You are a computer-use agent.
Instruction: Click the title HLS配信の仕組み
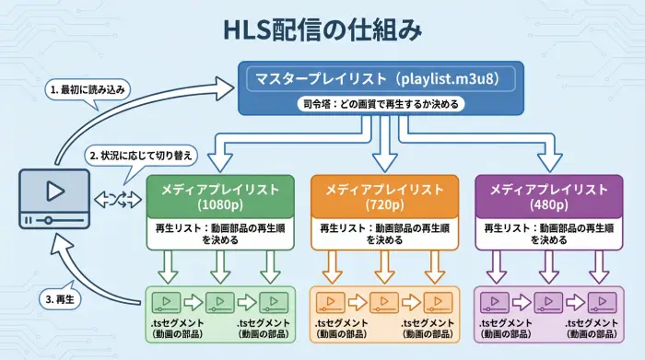[x=322, y=29]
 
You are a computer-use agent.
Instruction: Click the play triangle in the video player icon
[x=54, y=192]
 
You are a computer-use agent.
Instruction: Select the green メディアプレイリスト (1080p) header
[x=219, y=196]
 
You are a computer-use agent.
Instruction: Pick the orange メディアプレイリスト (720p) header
[x=384, y=196]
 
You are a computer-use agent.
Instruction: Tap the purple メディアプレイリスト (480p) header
[x=548, y=196]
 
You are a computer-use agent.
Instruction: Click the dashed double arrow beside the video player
[x=117, y=197]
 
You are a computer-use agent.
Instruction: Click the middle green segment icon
[x=219, y=301]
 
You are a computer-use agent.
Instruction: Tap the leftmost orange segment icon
[x=331, y=301]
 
